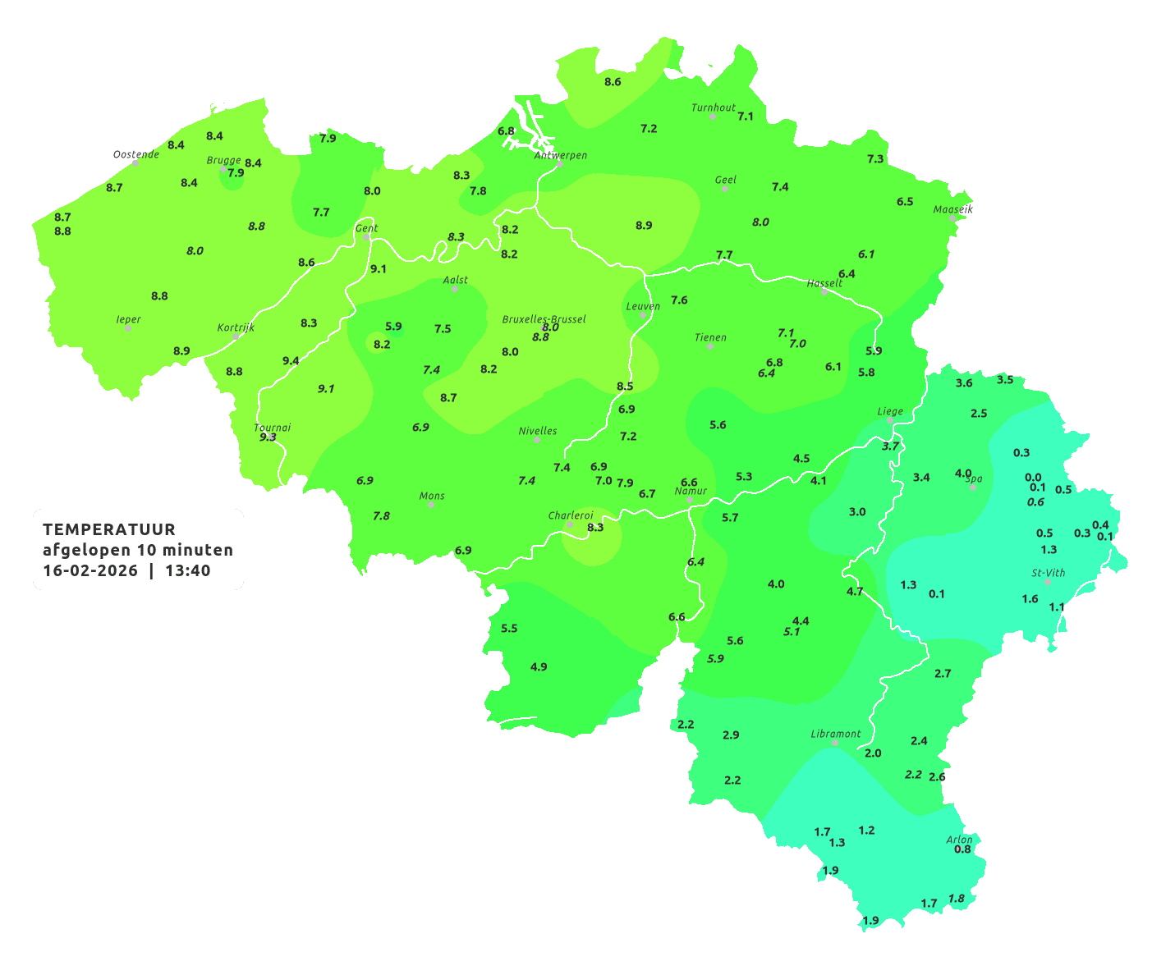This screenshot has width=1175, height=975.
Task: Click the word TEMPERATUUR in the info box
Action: tap(109, 529)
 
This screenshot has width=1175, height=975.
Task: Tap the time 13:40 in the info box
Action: tap(187, 571)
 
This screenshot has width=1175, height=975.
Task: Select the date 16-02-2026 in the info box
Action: tap(90, 571)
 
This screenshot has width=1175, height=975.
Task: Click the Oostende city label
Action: tap(135, 154)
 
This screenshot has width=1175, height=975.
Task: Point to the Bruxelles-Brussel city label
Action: tap(544, 318)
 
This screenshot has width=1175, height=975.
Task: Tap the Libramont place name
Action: tap(835, 734)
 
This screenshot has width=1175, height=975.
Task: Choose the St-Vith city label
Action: tap(1048, 573)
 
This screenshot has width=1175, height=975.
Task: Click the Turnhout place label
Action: tap(713, 108)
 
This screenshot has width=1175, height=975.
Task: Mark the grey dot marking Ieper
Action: tap(128, 328)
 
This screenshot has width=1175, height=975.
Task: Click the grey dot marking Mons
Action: tap(431, 505)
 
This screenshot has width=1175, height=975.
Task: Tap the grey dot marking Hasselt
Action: tap(824, 292)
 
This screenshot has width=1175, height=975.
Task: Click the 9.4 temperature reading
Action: tap(291, 361)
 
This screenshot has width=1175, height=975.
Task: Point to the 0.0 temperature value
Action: tap(1033, 477)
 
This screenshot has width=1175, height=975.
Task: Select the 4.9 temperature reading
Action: tap(539, 666)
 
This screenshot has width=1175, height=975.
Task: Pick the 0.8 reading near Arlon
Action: tap(962, 849)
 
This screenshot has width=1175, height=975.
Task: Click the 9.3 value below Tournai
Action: tap(268, 437)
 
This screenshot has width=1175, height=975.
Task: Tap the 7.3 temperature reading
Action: tap(875, 158)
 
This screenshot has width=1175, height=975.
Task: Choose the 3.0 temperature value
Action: tap(856, 511)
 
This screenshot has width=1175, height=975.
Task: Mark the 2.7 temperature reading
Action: tap(943, 673)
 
